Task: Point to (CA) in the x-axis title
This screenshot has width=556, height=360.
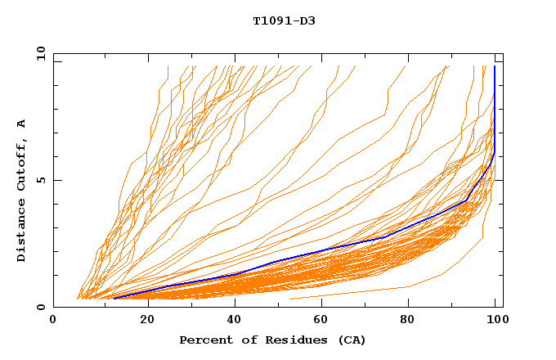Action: tap(351, 340)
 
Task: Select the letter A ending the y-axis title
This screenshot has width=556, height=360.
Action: tap(21, 124)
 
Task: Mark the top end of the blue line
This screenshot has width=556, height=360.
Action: tap(494, 66)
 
